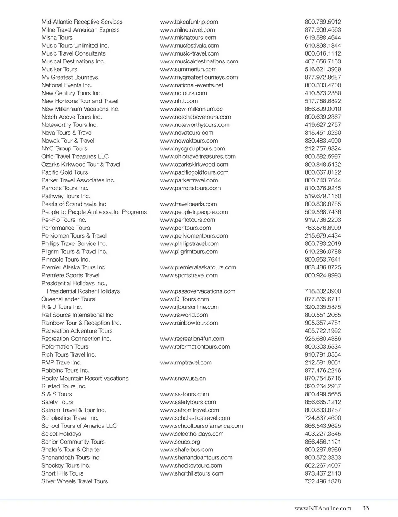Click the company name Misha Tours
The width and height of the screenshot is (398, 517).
tap(57, 38)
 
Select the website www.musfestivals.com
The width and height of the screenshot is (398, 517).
tap(189, 46)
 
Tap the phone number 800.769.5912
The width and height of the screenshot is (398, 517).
tap(323, 22)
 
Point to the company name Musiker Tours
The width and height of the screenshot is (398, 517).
tap(59, 69)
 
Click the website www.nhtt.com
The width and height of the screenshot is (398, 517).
tap(179, 101)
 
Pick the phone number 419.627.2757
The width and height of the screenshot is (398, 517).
tap(323, 125)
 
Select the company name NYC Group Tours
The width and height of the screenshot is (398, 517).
tap(64, 148)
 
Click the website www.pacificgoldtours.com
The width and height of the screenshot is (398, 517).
tap(194, 172)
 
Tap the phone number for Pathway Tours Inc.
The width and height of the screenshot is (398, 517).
tap(323, 196)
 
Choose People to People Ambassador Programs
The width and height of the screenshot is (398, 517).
tap(94, 212)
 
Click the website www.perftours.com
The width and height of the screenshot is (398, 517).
tap(185, 228)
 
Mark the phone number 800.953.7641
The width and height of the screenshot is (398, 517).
tap(323, 260)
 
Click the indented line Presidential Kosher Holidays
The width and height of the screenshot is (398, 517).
tap(83, 291)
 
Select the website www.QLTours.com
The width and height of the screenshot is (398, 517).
tap(184, 299)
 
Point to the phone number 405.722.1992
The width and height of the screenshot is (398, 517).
tap(323, 331)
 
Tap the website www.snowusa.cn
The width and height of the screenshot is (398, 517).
tap(183, 378)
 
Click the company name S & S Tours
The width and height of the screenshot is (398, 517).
tap(56, 394)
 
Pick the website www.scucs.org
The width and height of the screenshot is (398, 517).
tap(180, 442)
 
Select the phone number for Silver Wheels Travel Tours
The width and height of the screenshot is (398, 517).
tap(323, 481)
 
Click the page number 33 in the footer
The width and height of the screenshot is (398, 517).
tap(365, 508)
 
